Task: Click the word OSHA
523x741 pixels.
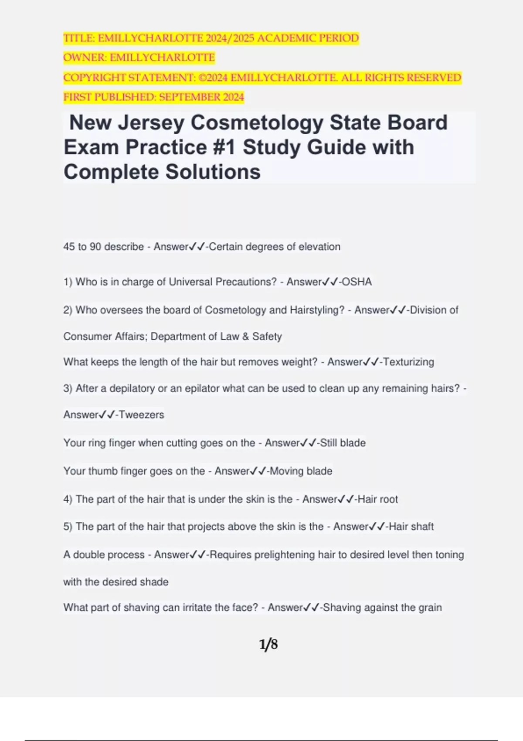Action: click(x=357, y=282)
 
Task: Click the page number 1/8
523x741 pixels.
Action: click(x=268, y=644)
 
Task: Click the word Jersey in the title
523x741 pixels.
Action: click(x=151, y=123)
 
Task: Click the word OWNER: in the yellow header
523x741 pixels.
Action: click(x=85, y=58)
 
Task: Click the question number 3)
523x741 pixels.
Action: click(x=68, y=388)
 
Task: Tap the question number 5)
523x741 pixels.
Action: click(x=68, y=527)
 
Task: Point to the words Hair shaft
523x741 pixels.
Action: click(x=411, y=527)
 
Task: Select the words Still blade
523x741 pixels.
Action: click(x=343, y=443)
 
